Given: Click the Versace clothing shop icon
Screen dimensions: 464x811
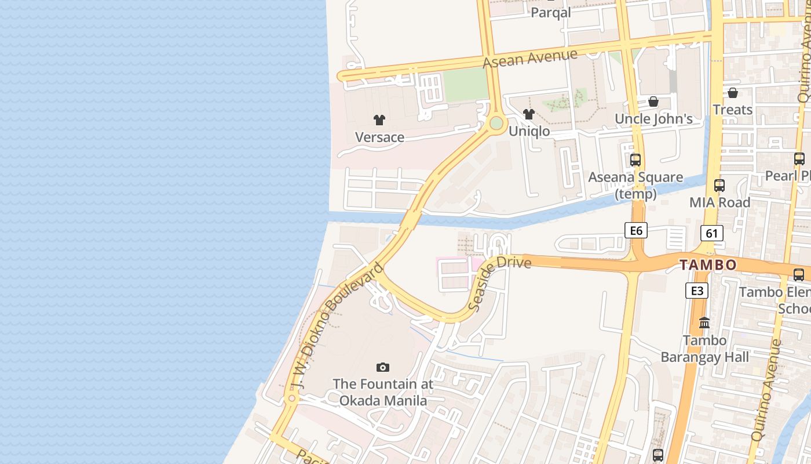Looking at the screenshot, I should click(379, 120).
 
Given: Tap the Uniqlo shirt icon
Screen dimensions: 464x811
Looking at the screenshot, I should click(528, 114).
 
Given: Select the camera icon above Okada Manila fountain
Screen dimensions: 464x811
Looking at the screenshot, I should click(382, 367).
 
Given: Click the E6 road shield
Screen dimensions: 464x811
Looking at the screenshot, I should click(636, 230).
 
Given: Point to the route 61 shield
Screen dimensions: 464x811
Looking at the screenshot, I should click(711, 233).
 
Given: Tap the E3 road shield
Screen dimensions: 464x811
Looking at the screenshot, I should click(696, 290).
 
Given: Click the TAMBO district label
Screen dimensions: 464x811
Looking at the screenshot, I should click(708, 265).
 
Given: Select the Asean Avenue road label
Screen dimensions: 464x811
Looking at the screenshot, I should click(530, 58).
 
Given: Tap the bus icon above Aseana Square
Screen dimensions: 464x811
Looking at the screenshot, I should click(635, 159).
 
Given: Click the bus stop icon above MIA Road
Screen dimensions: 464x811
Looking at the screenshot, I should click(719, 186).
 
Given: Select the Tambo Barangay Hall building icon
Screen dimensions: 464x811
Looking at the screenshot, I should click(704, 322).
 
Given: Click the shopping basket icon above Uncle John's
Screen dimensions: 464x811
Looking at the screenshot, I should click(653, 101).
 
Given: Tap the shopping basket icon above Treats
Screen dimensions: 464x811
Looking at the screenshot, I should click(733, 93).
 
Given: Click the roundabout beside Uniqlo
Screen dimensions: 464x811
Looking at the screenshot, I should click(496, 123).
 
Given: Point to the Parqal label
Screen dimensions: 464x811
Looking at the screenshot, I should click(551, 12).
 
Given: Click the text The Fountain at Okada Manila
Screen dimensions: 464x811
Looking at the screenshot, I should click(382, 392).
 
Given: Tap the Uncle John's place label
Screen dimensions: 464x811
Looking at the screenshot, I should click(653, 119).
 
